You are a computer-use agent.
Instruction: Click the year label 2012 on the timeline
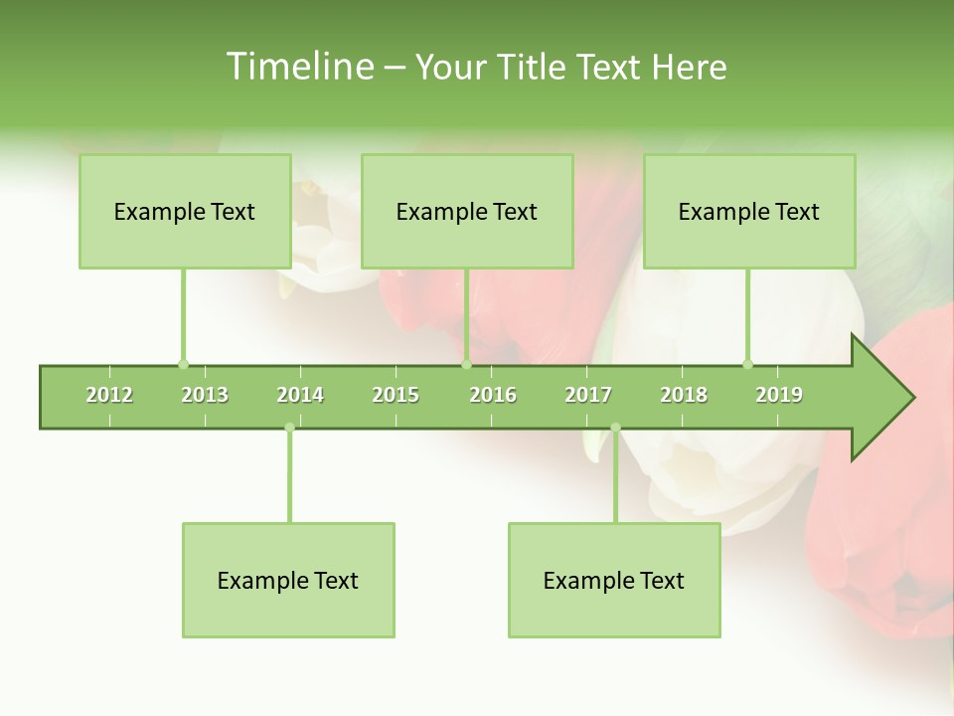tap(109, 395)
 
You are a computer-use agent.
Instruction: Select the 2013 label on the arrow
tap(205, 395)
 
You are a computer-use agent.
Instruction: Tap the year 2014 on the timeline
tap(300, 395)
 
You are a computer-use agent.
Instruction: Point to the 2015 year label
tap(396, 395)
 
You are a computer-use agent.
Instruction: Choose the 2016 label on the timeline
tap(493, 395)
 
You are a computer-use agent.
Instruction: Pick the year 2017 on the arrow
tap(588, 395)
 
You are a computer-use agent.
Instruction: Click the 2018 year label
tap(684, 395)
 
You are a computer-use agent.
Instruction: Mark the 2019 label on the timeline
tap(779, 395)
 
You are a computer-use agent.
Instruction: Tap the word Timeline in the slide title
tap(299, 67)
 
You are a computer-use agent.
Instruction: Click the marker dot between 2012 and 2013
tap(183, 364)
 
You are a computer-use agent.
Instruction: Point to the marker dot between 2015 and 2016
tap(466, 364)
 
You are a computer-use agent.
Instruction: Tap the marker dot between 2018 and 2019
tap(748, 364)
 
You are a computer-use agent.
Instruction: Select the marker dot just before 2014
tap(289, 428)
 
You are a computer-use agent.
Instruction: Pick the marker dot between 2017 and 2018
tap(615, 428)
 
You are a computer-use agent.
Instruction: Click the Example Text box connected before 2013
tap(185, 211)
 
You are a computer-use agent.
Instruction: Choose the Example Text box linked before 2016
tap(467, 211)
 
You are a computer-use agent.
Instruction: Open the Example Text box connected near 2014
tap(288, 580)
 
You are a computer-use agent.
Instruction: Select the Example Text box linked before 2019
tap(749, 211)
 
